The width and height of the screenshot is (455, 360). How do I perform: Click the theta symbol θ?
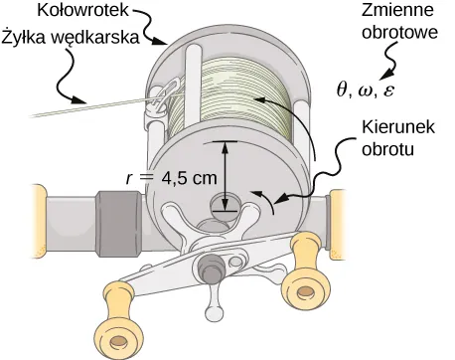pos(343,90)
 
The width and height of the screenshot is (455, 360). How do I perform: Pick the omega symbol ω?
pos(366,90)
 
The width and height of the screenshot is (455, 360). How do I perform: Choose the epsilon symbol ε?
pos(387,90)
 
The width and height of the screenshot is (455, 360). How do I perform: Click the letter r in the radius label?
pos(129,180)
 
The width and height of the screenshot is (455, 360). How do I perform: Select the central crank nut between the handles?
pos(210,268)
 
